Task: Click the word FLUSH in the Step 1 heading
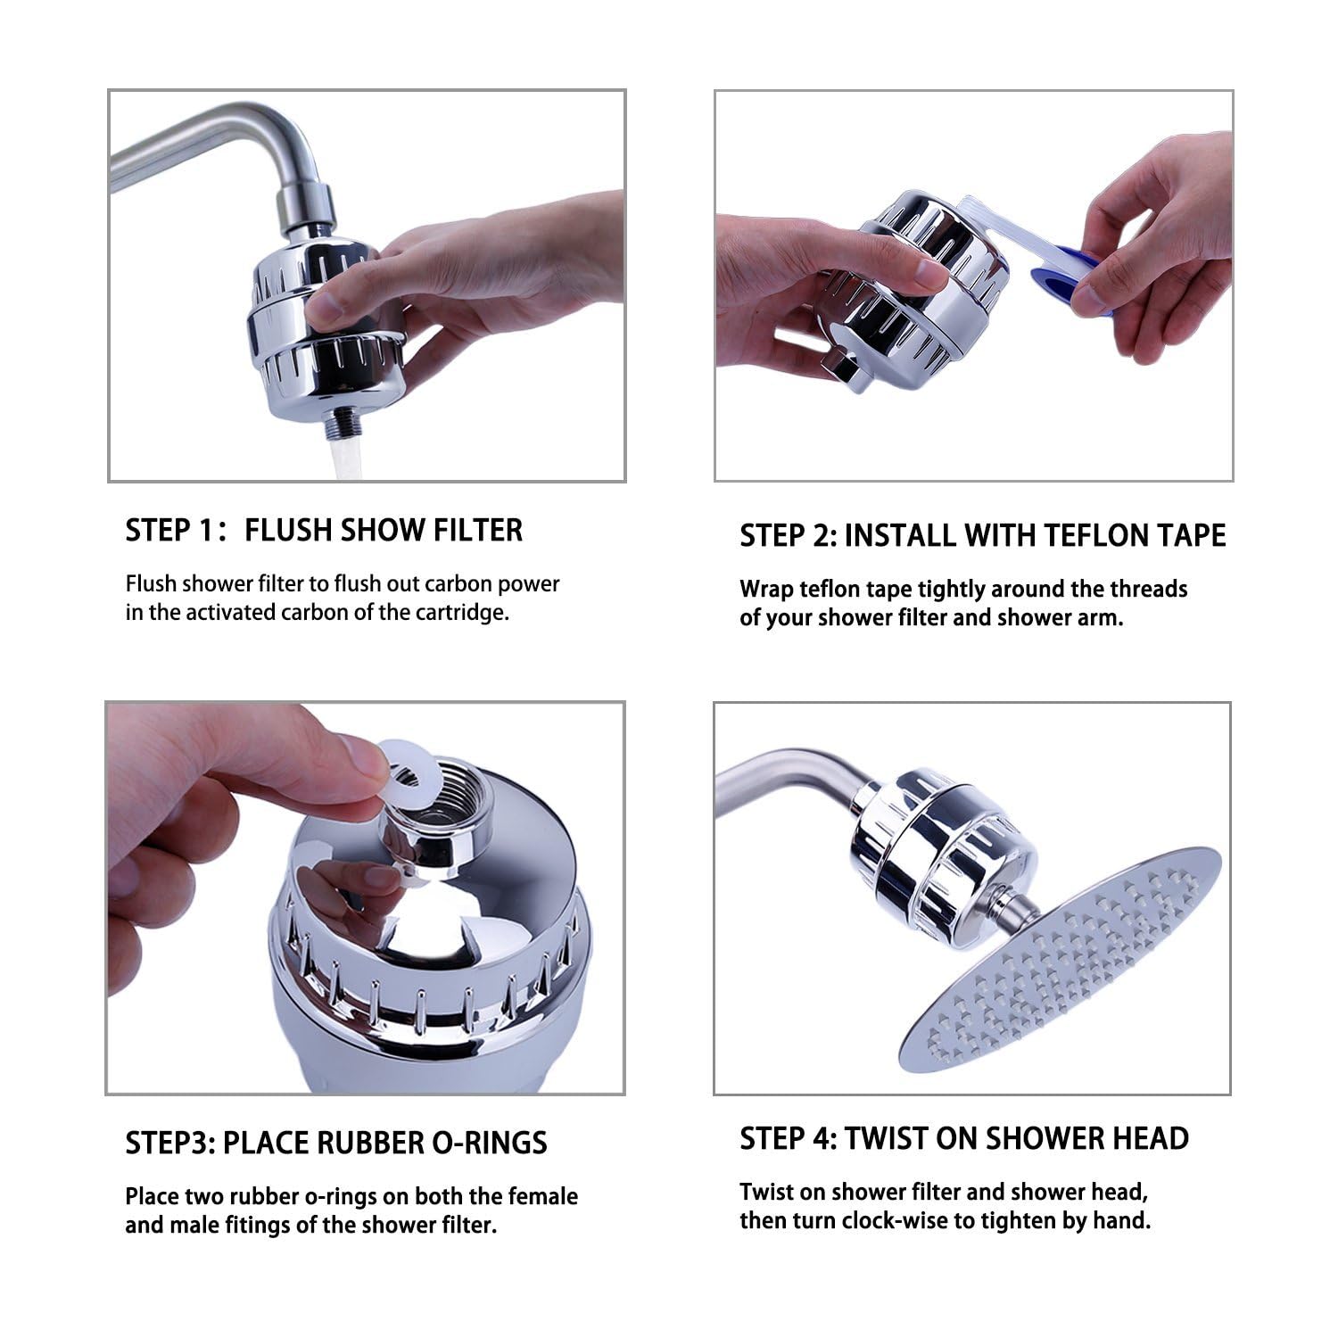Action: pos(289,530)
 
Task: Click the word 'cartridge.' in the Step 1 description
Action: pos(463,613)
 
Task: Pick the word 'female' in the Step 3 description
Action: pos(543,1196)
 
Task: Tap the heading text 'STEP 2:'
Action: pos(789,535)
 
